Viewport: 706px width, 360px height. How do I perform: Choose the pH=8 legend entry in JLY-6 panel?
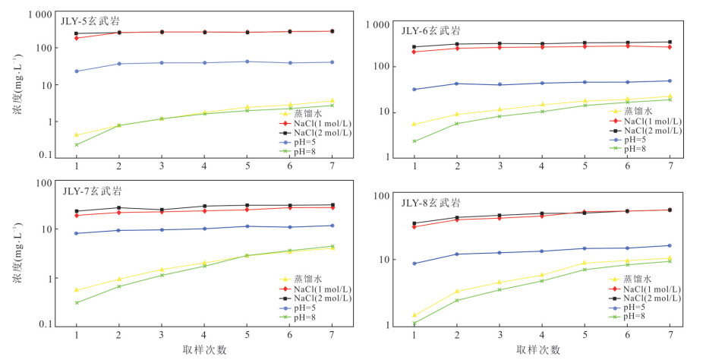coord(632,149)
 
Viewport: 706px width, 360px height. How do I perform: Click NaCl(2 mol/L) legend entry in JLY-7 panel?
coord(307,298)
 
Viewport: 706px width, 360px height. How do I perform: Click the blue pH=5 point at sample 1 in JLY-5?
coord(76,71)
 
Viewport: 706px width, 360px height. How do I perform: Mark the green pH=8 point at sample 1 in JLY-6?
coord(414,141)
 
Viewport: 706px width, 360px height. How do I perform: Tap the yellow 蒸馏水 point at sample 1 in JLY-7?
coord(76,289)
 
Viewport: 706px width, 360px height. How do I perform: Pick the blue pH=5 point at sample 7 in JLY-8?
coord(670,245)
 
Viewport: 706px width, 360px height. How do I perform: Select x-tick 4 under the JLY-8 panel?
coord(542,336)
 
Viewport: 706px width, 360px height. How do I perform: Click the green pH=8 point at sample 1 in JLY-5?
coord(76,144)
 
